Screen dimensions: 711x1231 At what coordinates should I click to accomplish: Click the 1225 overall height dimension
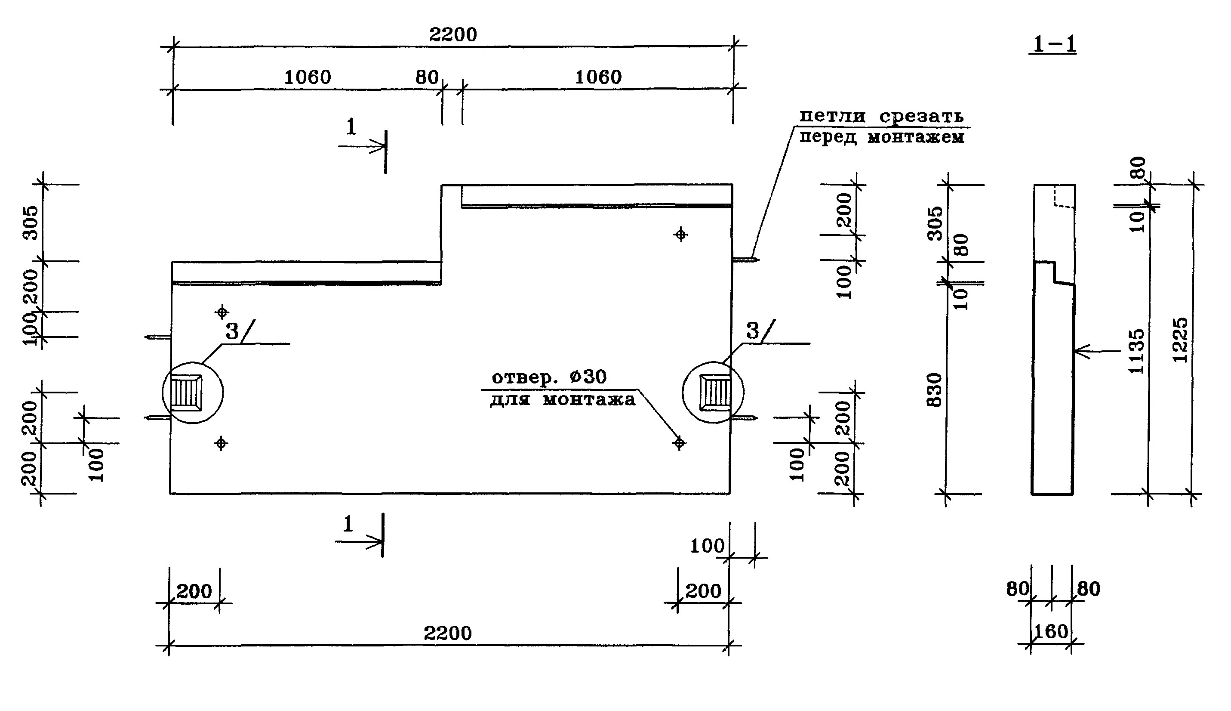click(x=1180, y=340)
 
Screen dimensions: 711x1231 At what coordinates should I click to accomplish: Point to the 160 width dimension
click(x=1050, y=632)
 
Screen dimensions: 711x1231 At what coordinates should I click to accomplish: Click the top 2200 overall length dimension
click(x=453, y=35)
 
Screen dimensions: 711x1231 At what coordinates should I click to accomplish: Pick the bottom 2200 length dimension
click(x=447, y=634)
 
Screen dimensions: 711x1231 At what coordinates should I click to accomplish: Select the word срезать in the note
click(x=921, y=116)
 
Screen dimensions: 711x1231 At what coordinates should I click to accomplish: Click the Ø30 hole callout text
click(x=588, y=377)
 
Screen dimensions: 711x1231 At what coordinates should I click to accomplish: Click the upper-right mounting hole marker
click(x=680, y=235)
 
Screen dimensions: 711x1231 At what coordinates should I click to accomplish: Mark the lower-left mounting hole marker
click(x=221, y=443)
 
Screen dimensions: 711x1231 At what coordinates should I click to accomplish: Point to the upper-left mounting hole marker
click(x=222, y=312)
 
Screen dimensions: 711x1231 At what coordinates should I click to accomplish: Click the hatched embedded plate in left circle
click(x=186, y=393)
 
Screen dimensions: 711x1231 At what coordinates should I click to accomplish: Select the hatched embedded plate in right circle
click(x=716, y=393)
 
